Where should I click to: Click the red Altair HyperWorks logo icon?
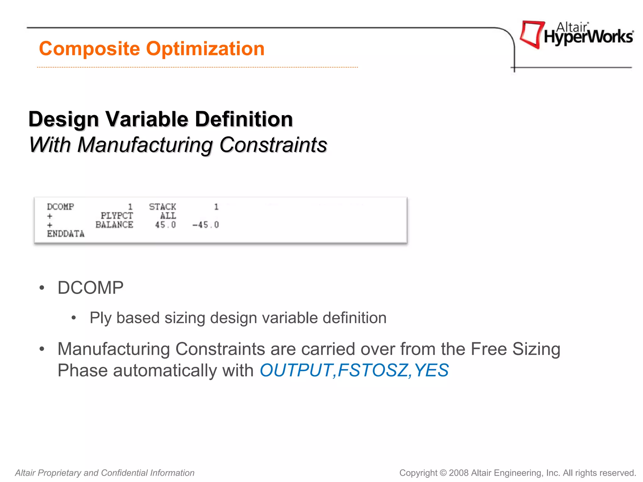coord(532,34)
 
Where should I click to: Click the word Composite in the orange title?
coord(89,49)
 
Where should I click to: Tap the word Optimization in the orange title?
coord(205,49)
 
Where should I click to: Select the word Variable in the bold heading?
coord(147,119)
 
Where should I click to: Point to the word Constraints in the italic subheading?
coord(273,145)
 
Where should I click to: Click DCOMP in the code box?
coord(60,207)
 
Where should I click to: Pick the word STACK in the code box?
coord(162,207)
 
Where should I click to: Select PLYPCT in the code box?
coord(117,216)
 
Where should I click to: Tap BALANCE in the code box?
coord(114,225)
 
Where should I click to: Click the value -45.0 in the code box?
coord(206,225)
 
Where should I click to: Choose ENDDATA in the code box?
coord(66,234)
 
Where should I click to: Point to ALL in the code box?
coord(168,216)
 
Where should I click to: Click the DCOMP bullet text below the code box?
coord(90,288)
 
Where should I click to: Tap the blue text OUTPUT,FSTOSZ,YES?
coord(354,370)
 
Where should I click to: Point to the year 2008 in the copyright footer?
coord(459,473)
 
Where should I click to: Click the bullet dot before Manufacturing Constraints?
coord(42,349)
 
